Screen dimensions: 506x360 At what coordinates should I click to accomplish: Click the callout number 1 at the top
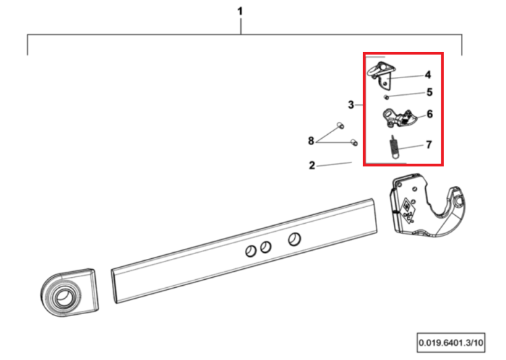[240, 11]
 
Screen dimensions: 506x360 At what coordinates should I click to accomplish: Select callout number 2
[312, 165]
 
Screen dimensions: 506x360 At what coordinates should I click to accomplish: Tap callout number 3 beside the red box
[351, 105]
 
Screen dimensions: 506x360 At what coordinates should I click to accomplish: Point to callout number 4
[428, 75]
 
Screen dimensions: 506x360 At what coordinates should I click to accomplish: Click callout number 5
[430, 92]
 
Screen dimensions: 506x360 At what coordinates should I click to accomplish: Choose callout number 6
[430, 114]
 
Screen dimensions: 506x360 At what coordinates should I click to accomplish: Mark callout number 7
[429, 145]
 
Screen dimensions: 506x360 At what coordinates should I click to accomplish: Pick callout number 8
[311, 141]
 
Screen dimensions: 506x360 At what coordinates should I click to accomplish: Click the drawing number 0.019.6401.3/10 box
[451, 342]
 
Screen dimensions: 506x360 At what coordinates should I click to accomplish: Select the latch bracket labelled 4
[381, 76]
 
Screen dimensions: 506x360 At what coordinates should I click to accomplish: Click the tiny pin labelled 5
[386, 97]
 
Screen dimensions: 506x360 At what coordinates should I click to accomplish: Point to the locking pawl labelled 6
[399, 119]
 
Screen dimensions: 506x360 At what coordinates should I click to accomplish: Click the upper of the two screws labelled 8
[340, 125]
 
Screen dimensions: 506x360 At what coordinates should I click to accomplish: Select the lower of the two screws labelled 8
[354, 142]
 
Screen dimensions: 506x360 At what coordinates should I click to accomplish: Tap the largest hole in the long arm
[294, 239]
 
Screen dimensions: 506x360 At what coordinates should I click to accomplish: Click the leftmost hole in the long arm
[251, 251]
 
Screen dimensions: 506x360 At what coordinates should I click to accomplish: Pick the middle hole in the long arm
[266, 247]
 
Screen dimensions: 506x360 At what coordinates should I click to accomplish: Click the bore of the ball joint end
[63, 298]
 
